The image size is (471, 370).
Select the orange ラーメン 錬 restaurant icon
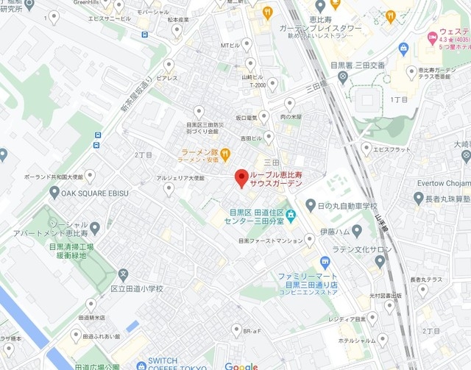click(225, 154)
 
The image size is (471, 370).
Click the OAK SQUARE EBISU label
click(95, 193)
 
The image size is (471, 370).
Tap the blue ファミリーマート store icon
click(325, 262)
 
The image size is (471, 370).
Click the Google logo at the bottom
click(241, 366)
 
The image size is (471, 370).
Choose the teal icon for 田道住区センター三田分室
click(291, 216)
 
